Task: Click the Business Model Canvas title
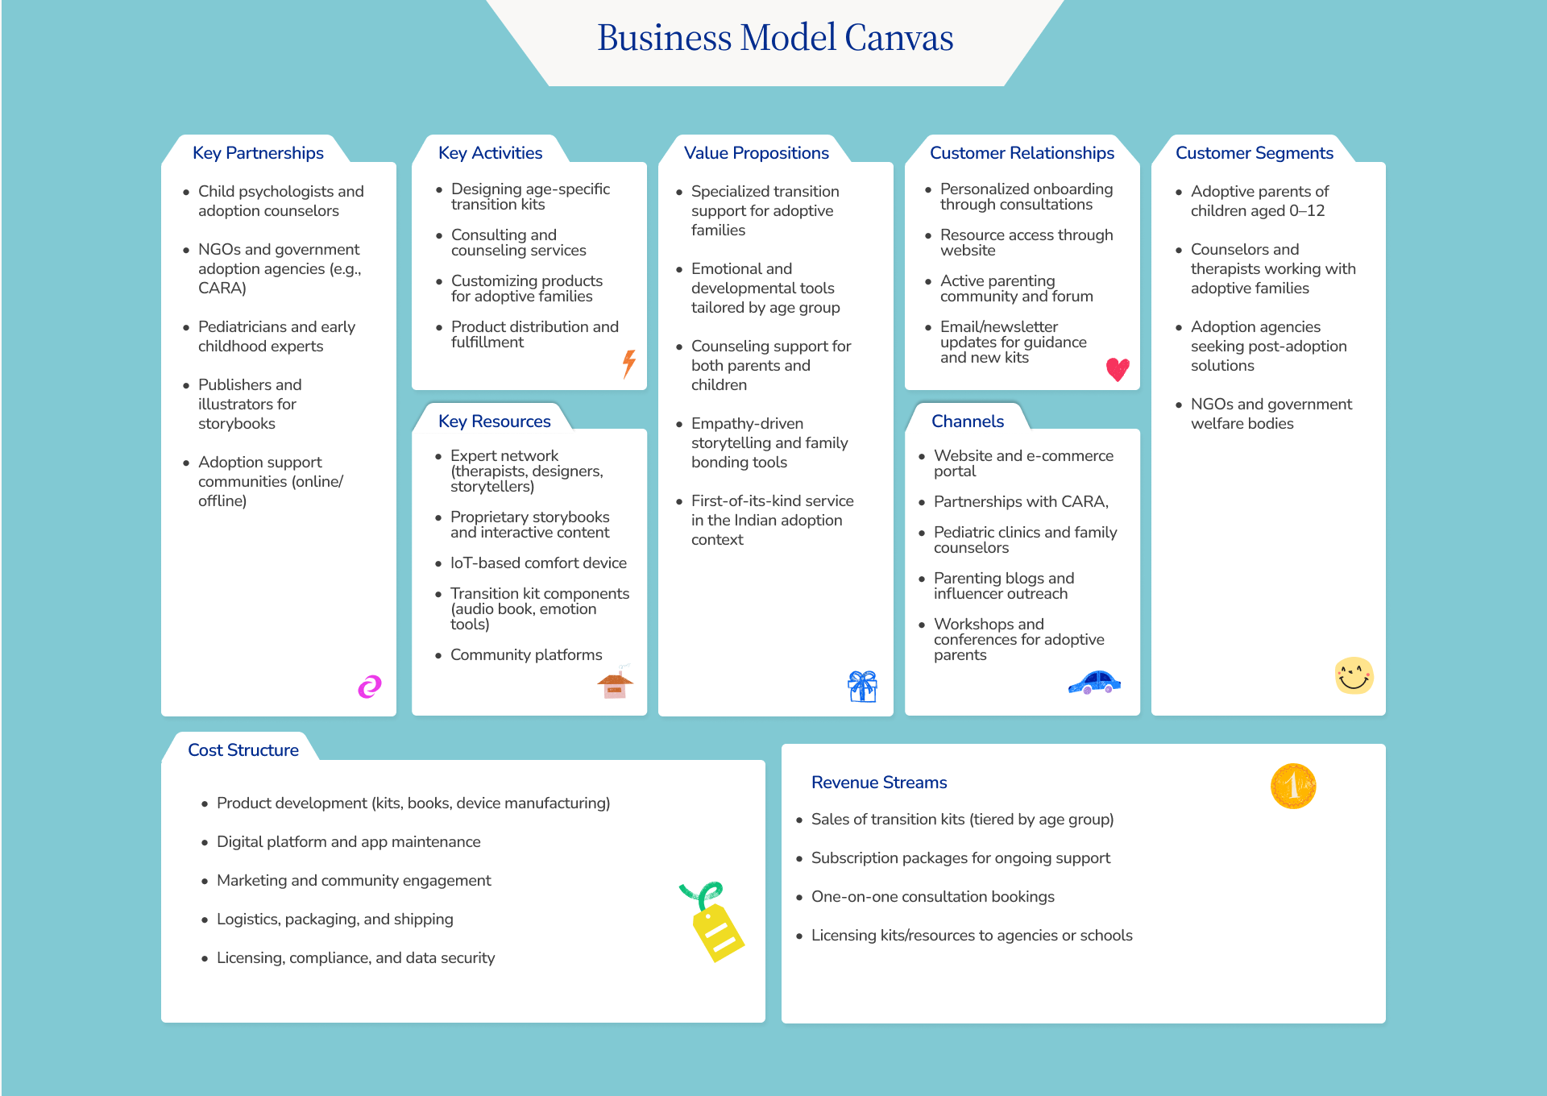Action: [x=775, y=38]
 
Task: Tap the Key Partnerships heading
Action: [x=258, y=153]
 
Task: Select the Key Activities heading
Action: [x=490, y=153]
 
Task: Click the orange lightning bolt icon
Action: [x=629, y=363]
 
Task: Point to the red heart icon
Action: [x=1118, y=369]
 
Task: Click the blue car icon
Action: [x=1094, y=683]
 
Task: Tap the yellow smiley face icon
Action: [x=1354, y=675]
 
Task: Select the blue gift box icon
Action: [x=862, y=687]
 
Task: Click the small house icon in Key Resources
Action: [x=616, y=684]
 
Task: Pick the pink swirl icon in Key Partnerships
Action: [x=370, y=687]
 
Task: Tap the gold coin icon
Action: [x=1293, y=786]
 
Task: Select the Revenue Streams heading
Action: [x=879, y=783]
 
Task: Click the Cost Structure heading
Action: [x=243, y=750]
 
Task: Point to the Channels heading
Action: [x=968, y=421]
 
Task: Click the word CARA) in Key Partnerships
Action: [x=222, y=289]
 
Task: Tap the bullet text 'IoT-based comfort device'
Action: [x=538, y=563]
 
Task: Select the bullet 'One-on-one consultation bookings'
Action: [x=932, y=897]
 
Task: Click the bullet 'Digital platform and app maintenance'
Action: [x=348, y=842]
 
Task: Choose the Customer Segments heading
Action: [x=1254, y=153]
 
